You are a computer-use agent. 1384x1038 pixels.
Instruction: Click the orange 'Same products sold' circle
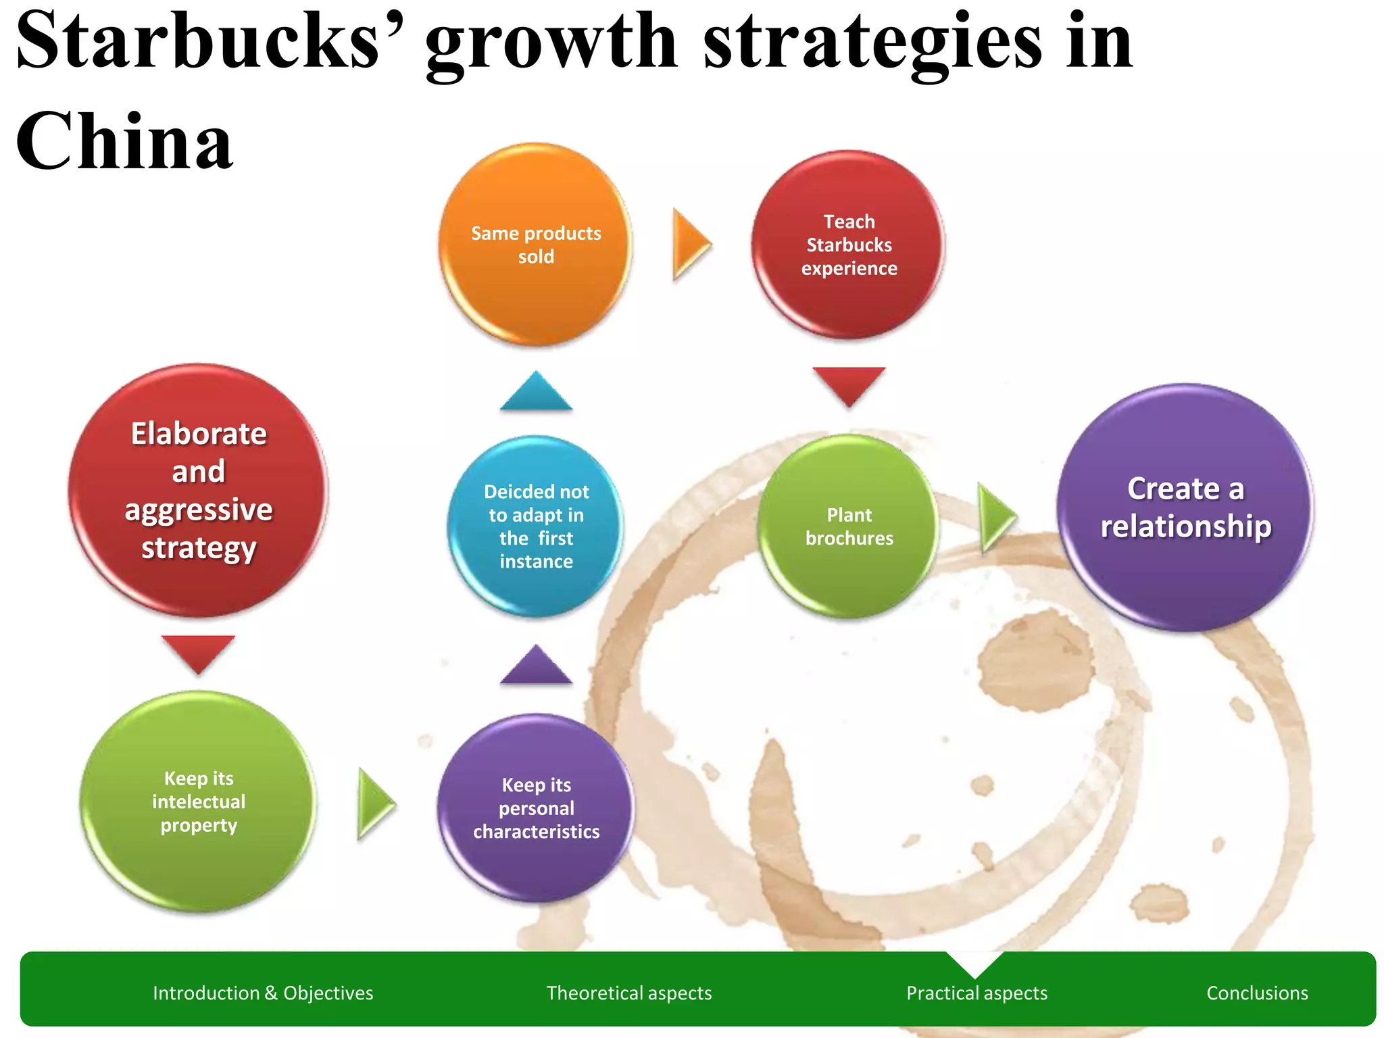[536, 245]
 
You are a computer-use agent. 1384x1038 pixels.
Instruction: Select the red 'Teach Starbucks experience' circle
[849, 245]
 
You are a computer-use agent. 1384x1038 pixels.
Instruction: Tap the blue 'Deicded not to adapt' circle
[536, 526]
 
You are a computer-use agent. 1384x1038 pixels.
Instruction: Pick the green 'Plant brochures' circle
[849, 526]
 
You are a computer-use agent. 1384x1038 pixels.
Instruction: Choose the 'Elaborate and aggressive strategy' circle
[199, 491]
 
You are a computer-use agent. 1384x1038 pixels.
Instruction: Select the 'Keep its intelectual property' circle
[199, 801]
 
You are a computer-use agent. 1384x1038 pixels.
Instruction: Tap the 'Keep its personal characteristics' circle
[536, 808]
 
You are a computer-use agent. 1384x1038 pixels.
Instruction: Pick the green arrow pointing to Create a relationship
[996, 517]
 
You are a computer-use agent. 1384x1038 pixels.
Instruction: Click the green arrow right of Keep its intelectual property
[375, 804]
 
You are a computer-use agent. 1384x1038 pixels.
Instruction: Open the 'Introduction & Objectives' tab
[263, 993]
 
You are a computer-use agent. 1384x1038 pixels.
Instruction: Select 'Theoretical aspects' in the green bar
[628, 993]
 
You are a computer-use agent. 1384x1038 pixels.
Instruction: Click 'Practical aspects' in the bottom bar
[977, 993]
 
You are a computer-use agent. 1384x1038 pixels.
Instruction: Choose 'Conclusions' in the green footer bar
[1257, 993]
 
